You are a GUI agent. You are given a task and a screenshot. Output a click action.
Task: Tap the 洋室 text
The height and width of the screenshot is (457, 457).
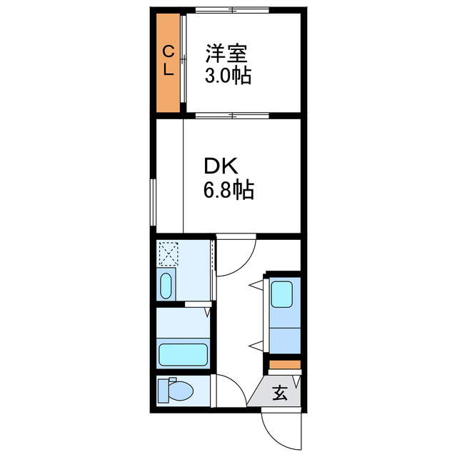pyautogui.click(x=228, y=54)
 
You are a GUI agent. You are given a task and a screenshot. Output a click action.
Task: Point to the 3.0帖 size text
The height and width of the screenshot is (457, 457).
pyautogui.click(x=228, y=76)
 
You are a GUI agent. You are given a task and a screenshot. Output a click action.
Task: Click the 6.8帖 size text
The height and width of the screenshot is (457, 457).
pyautogui.click(x=229, y=191)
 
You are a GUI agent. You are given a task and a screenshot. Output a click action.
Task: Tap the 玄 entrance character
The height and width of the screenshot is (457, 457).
pyautogui.click(x=281, y=391)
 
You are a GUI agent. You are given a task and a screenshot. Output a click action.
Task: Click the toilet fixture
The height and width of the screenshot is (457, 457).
pyautogui.click(x=175, y=391)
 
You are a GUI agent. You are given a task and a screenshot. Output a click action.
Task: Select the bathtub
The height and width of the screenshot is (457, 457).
pyautogui.click(x=183, y=353)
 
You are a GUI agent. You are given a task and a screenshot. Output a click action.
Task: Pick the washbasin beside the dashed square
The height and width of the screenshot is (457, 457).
pyautogui.click(x=166, y=286)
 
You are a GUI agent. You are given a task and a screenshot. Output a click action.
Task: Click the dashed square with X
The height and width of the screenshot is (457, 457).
pyautogui.click(x=169, y=253)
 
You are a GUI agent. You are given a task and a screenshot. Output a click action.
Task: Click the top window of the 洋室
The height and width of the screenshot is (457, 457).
pyautogui.click(x=233, y=9)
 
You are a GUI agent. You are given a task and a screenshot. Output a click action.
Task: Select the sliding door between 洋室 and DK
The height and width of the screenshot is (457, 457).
pyautogui.click(x=233, y=114)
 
